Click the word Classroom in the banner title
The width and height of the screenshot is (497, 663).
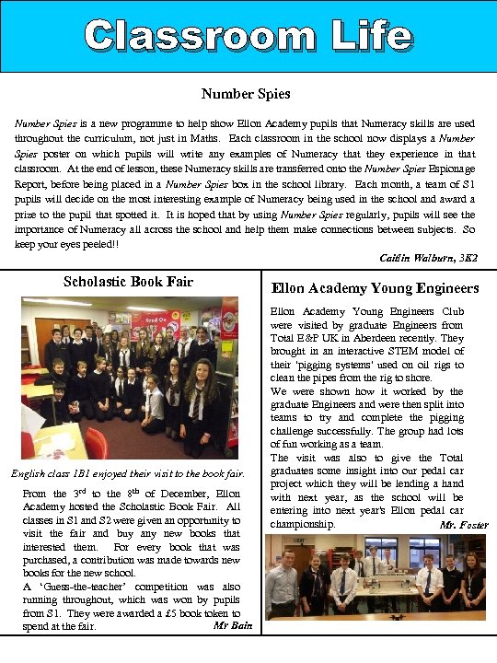[x=202, y=36]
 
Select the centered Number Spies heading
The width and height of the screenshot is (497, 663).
[x=246, y=93]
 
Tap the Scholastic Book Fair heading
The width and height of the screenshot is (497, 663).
[x=128, y=281]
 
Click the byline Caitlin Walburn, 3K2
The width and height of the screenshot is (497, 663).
[x=427, y=257]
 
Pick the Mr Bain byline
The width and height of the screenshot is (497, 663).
[x=232, y=624]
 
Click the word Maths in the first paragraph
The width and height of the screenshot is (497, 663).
[x=214, y=138]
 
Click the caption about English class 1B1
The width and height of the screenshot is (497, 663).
[x=128, y=474]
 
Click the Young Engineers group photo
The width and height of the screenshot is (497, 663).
[x=376, y=580]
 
